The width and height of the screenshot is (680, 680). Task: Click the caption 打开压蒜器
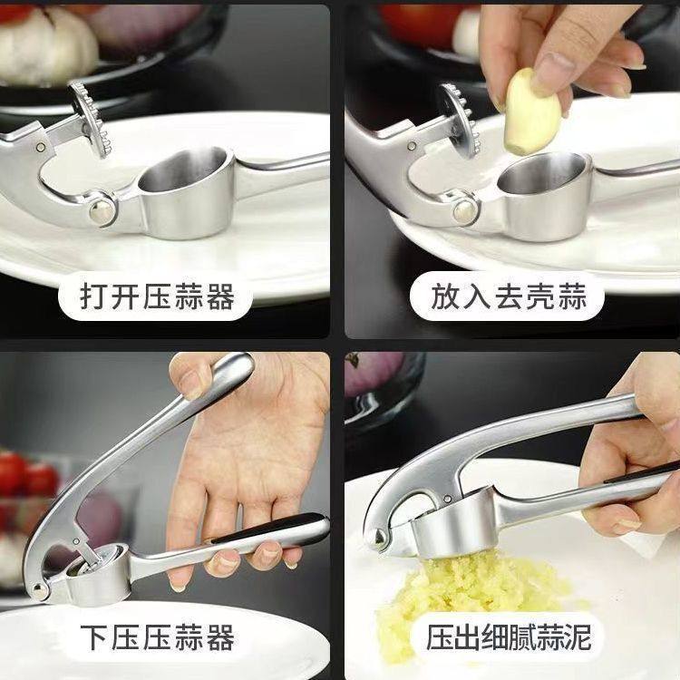click(158, 296)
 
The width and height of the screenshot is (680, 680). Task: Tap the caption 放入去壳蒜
click(509, 296)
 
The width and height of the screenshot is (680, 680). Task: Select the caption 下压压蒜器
click(158, 636)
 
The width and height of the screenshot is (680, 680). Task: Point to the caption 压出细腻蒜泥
click(509, 636)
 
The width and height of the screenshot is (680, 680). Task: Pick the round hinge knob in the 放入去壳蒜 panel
click(465, 211)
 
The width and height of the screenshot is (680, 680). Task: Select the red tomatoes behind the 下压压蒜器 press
click(23, 476)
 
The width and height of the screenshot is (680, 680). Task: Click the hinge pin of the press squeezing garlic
click(379, 539)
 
